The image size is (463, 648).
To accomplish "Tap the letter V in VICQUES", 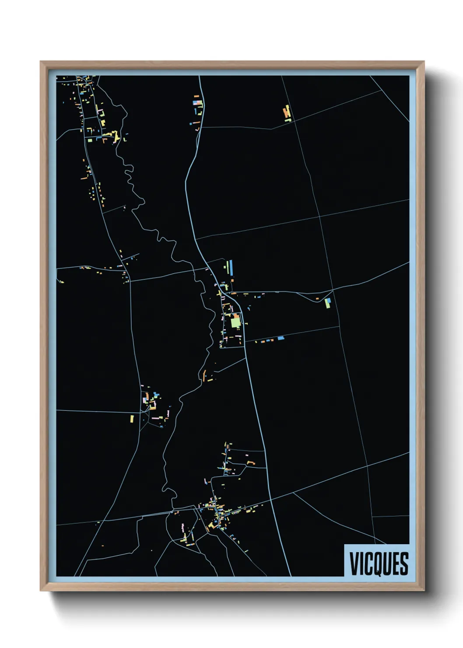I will pos(353,563).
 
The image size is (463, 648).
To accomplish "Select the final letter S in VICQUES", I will pos(404,563).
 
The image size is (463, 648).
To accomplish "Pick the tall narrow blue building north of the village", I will pos(231,267).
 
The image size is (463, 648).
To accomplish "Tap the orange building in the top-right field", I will pos(287,113).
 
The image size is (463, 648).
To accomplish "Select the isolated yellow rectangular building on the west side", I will pos(132,419).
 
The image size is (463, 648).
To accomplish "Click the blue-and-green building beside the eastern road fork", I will pos(328,303).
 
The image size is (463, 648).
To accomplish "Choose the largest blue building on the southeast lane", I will pos(281,338).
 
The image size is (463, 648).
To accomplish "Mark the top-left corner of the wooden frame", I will pos(41,62).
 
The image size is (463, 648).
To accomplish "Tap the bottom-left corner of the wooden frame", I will pos(41,591).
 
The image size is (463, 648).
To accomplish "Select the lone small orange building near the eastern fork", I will pos(317,299).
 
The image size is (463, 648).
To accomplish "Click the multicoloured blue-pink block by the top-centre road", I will pos(198,104).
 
